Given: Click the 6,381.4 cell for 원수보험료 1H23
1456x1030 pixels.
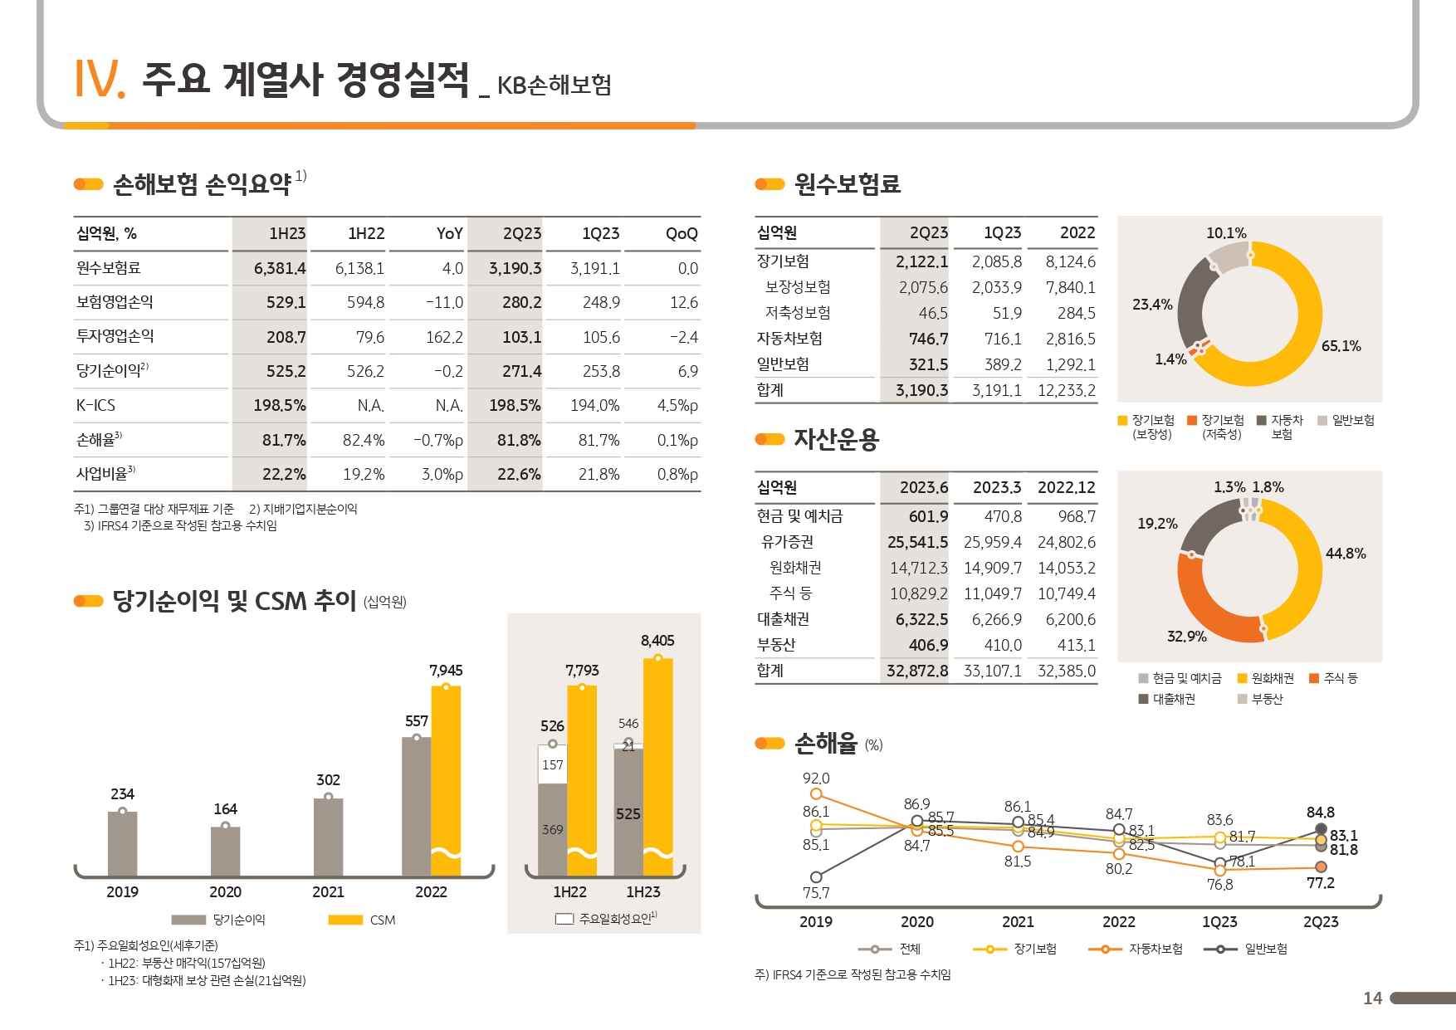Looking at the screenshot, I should (280, 268).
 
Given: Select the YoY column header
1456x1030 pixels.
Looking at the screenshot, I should (449, 234).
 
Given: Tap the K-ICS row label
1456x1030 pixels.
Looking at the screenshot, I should (96, 405).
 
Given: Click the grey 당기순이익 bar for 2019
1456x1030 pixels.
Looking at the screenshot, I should (122, 843).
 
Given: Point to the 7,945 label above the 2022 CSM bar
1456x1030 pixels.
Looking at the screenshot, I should (446, 671).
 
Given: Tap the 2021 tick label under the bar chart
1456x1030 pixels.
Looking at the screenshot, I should (328, 892).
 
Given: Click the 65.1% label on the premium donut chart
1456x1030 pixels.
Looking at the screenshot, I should (1341, 346).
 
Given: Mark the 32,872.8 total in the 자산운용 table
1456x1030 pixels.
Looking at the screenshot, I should (916, 671).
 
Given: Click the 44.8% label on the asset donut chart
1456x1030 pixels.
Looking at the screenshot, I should (1345, 554).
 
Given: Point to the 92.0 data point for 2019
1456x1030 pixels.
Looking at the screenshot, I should (816, 794).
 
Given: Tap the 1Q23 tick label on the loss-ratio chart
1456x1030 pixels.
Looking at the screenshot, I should (1219, 922).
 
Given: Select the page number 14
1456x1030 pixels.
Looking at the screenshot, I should (1372, 998).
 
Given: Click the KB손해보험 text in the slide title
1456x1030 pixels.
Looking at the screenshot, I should (554, 85).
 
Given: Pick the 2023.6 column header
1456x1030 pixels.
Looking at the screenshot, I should (923, 487).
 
